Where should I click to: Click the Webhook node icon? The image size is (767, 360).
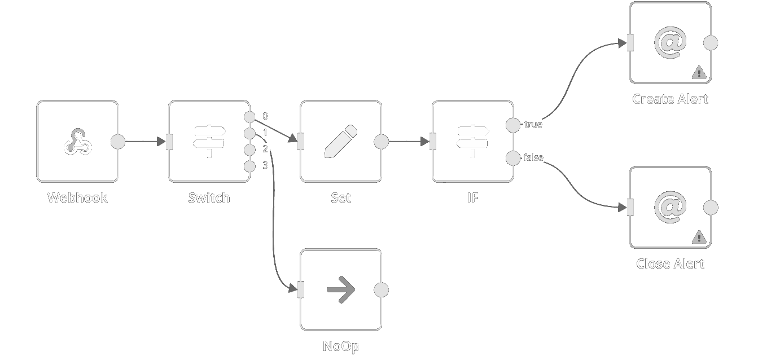coord(77,142)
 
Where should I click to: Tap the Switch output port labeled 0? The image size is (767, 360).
coord(249,117)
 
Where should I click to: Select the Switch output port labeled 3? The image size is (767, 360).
coord(249,166)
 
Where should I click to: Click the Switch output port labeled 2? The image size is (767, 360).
coord(249,150)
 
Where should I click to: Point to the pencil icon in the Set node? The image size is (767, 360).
coord(341,142)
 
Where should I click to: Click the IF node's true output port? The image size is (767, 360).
coord(513,125)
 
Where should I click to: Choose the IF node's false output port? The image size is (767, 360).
coord(513,158)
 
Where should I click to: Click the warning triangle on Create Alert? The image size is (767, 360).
coord(699,72)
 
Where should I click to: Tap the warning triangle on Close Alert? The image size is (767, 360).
coord(699,237)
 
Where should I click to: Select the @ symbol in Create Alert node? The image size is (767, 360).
coord(670,42)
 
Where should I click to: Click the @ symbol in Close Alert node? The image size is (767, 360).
coord(670,207)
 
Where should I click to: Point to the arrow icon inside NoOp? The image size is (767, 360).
coord(341,290)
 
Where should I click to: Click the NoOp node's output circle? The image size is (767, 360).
coord(382,290)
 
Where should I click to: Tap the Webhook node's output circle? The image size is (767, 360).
coord(118,142)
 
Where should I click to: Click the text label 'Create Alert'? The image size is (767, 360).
coord(670,99)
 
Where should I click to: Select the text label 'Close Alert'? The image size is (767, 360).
coord(670,264)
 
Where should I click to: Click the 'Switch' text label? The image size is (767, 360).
coord(209,198)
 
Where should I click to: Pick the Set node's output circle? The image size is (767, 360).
coord(382,142)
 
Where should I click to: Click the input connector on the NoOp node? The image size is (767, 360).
coord(301,290)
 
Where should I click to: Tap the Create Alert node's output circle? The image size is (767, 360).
coord(711,42)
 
